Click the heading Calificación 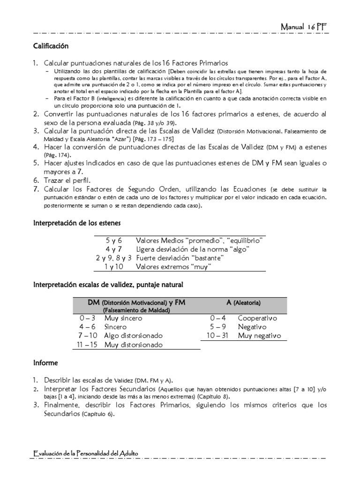[51, 46]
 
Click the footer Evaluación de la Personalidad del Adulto [86, 453]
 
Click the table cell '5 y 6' [113, 240]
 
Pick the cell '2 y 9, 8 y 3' [113, 258]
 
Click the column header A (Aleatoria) [243, 303]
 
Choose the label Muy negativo [259, 336]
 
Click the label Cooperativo [258, 318]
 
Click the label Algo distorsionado [134, 336]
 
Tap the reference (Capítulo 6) [97, 414]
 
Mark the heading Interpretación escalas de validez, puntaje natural [108, 285]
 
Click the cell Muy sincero [123, 318]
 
